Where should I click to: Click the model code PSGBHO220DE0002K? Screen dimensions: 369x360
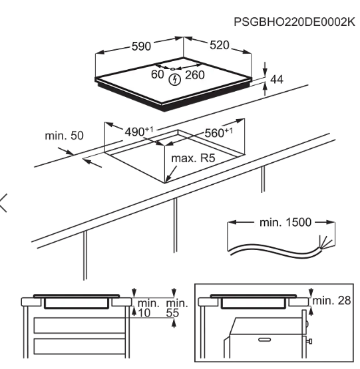coord(295,23)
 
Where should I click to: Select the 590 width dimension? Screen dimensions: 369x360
coord(140,47)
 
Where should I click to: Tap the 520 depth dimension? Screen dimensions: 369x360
coord(220,45)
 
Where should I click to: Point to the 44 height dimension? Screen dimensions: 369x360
coord(277,79)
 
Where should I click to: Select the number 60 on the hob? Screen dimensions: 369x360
coord(157,74)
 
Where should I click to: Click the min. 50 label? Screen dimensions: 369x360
coord(65,136)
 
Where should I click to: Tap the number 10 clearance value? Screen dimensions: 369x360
coord(144,312)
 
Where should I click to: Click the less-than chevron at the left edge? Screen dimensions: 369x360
coord(6,202)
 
